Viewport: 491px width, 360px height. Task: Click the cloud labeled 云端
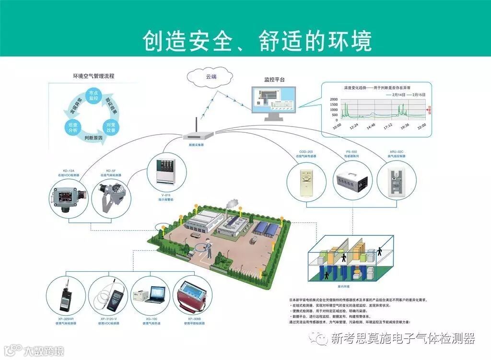208,76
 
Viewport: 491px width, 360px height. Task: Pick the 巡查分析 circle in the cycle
73,127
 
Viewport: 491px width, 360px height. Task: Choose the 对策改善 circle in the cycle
111,127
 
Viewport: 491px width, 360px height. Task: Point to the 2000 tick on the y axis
334,99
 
